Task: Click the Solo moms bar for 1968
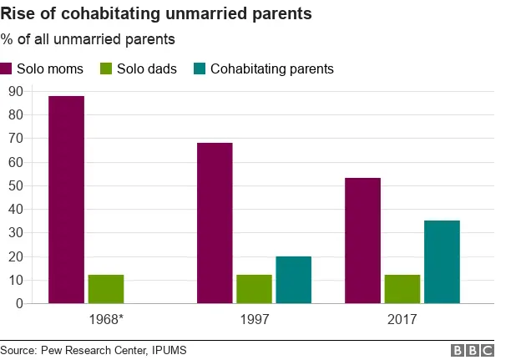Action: pyautogui.click(x=66, y=200)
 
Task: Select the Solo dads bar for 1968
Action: pyautogui.click(x=106, y=289)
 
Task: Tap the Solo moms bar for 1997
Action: pyautogui.click(x=215, y=223)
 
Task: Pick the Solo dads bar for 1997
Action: pyautogui.click(x=254, y=289)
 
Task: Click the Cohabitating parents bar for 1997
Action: pyautogui.click(x=293, y=280)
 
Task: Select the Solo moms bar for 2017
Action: pyautogui.click(x=362, y=241)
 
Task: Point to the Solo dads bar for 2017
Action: pyautogui.click(x=402, y=289)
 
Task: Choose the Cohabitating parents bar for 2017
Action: pyautogui.click(x=442, y=261)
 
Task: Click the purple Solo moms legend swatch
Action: pyautogui.click(x=7, y=68)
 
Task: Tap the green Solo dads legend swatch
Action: pyautogui.click(x=106, y=68)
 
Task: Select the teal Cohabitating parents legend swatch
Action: pyautogui.click(x=199, y=68)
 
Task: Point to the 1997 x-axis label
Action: pyautogui.click(x=254, y=319)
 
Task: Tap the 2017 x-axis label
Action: pyautogui.click(x=402, y=319)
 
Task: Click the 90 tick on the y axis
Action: pyautogui.click(x=14, y=91)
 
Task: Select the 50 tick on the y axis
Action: pyautogui.click(x=14, y=185)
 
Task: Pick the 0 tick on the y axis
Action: pyautogui.click(x=18, y=303)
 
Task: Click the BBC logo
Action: pyautogui.click(x=472, y=350)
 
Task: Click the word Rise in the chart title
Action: pyautogui.click(x=18, y=13)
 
